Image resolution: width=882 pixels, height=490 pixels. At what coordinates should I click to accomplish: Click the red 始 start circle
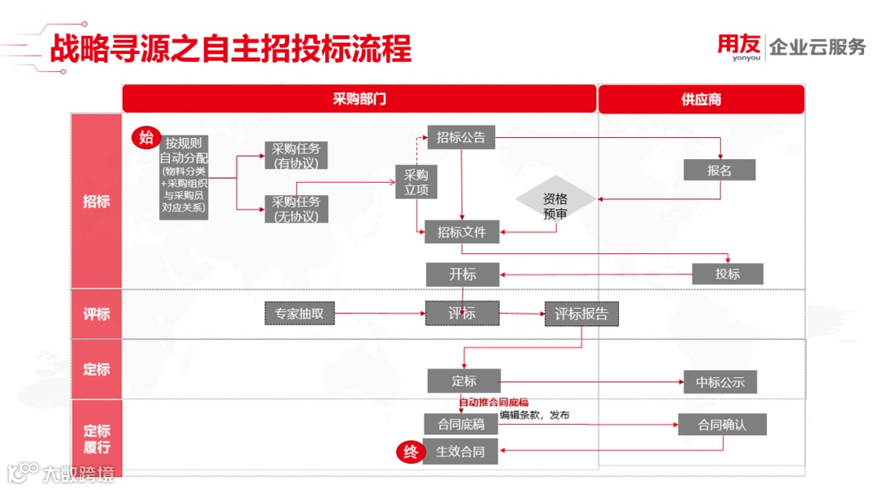click(x=146, y=137)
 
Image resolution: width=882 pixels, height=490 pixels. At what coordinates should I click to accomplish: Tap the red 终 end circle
click(x=409, y=452)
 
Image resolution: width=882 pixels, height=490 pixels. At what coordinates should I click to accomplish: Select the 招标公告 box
click(x=461, y=138)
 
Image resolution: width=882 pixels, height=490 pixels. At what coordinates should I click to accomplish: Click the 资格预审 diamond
click(x=555, y=206)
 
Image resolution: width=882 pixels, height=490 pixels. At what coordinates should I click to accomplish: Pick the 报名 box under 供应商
click(x=719, y=170)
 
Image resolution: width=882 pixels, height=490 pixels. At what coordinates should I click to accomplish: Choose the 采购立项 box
click(x=416, y=182)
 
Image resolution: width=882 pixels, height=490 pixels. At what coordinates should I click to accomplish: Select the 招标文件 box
click(x=461, y=232)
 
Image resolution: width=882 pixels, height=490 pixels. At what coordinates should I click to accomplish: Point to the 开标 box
click(x=462, y=274)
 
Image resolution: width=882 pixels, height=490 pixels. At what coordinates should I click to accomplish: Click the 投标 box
click(x=728, y=274)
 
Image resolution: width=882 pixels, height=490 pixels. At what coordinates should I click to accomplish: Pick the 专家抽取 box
click(x=300, y=313)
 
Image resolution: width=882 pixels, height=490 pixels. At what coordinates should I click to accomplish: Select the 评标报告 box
click(x=581, y=314)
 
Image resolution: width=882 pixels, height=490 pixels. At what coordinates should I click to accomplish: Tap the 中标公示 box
click(x=720, y=381)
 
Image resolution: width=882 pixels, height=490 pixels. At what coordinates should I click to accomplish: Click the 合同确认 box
click(x=722, y=425)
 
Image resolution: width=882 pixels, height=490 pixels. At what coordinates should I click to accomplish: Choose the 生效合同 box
click(x=461, y=452)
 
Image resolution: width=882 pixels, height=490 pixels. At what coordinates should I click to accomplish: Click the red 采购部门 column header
click(x=359, y=99)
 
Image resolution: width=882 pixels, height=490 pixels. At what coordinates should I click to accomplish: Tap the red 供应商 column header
click(x=701, y=99)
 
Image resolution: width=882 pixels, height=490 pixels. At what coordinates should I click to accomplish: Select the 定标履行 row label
click(x=96, y=439)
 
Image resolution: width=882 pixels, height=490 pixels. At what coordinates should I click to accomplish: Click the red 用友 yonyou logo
click(x=739, y=47)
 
